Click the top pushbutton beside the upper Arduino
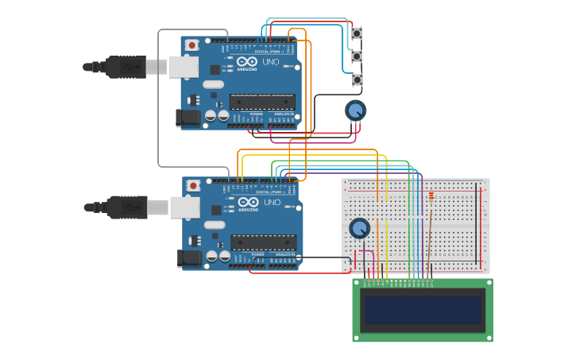click(x=357, y=33)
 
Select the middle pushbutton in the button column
click(x=357, y=57)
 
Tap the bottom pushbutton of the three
click(x=357, y=80)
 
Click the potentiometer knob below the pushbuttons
click(x=356, y=110)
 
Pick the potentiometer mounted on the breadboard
click(x=360, y=229)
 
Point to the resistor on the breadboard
click(x=431, y=196)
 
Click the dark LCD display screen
click(x=422, y=310)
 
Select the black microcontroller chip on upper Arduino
click(x=262, y=101)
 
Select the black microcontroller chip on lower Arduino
click(x=264, y=242)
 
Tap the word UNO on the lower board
click(x=272, y=203)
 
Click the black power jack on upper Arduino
click(x=187, y=118)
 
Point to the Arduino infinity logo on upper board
click(x=246, y=62)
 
